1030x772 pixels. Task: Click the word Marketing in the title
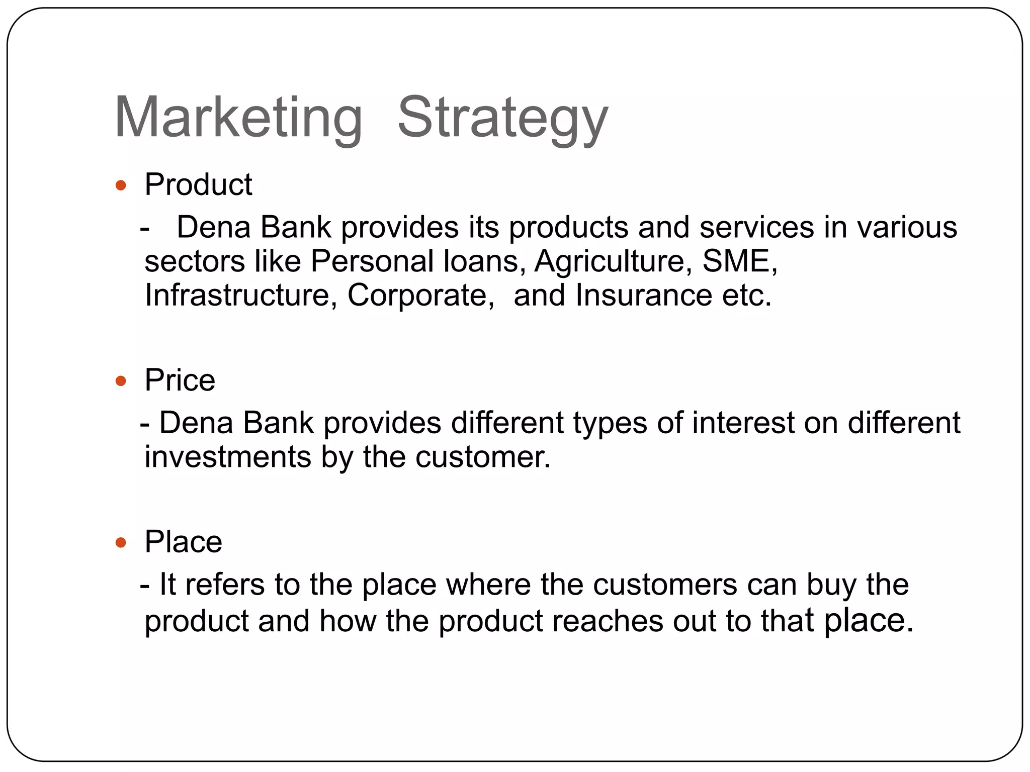238,118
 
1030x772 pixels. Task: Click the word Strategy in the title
502,118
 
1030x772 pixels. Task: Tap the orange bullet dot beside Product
121,186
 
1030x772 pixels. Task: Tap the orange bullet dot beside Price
121,381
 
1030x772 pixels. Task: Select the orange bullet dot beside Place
121,543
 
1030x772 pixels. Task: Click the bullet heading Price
180,380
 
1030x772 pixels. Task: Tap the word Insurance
643,295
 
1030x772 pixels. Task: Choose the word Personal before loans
372,261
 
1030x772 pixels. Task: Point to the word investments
228,457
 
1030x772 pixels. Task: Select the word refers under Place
224,585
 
